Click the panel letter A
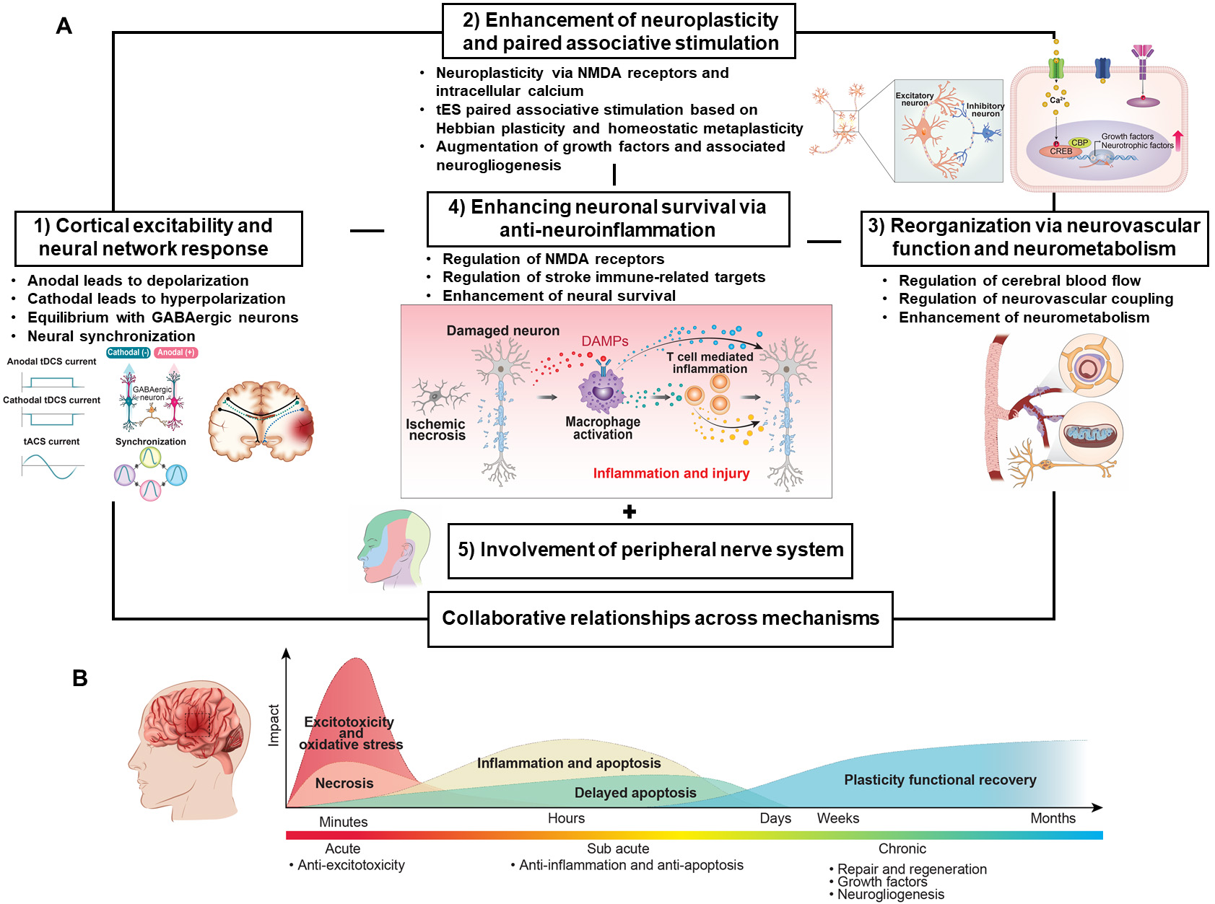coord(64,27)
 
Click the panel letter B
coord(80,678)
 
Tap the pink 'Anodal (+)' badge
coord(176,353)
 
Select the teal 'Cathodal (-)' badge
coord(129,353)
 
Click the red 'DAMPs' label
coord(605,341)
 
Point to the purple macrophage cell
coord(602,390)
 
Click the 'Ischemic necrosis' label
coord(435,429)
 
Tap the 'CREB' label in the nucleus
coord(1061,152)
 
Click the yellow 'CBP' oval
coord(1079,143)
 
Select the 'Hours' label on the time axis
coord(566,818)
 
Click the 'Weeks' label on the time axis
coord(837,818)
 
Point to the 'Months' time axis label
coord(1053,818)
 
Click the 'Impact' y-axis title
coord(274,725)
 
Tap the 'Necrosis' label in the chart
coord(344,784)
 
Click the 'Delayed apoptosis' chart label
coord(635,793)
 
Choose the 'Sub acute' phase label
coord(618,848)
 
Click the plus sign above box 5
coord(630,512)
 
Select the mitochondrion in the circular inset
coord(1091,434)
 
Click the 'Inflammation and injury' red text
coord(671,473)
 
